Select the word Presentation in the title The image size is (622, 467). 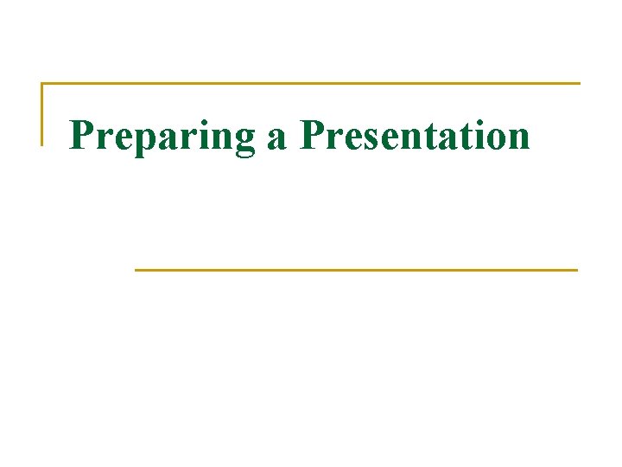[x=414, y=136]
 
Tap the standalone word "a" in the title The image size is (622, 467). [x=276, y=138]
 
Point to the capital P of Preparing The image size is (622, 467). [x=81, y=134]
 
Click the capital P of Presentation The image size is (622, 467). [x=312, y=134]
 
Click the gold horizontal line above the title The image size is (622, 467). [x=311, y=84]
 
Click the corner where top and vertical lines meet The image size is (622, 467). [x=41, y=84]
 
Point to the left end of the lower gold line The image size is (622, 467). [x=136, y=270]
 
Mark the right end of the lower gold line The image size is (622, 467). [x=575, y=270]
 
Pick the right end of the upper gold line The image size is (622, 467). [x=579, y=84]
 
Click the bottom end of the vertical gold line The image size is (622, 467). [x=41, y=144]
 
